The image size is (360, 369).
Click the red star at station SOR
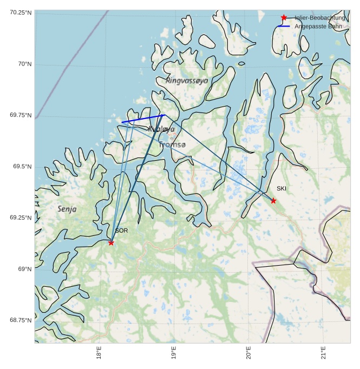coord(111,242)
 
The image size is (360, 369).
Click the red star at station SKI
coord(273,201)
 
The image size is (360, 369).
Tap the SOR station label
coord(121,230)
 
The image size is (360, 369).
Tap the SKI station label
coord(282,188)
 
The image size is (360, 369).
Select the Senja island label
coord(67,209)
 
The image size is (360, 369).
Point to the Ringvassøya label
coord(187,80)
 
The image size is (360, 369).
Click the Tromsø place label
coord(173,144)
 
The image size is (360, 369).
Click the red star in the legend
coord(284,18)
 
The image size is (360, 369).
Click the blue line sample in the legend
coord(284,26)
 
